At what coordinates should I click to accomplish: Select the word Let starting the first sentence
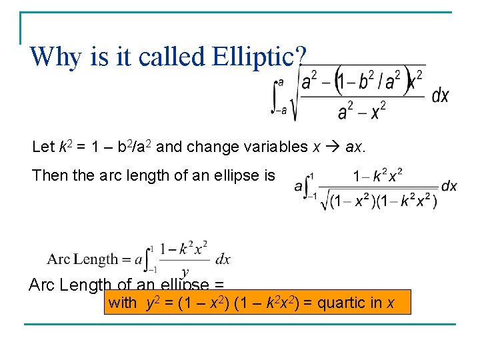tap(41, 147)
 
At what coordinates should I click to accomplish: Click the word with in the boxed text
tap(122, 303)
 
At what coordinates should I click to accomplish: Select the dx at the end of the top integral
tap(441, 96)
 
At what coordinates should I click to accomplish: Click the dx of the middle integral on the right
tap(449, 186)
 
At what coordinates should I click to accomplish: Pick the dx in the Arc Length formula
tap(223, 259)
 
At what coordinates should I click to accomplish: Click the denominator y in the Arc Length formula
tap(185, 272)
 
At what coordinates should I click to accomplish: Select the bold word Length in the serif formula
tap(96, 259)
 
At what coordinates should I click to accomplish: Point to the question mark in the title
tap(303, 57)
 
